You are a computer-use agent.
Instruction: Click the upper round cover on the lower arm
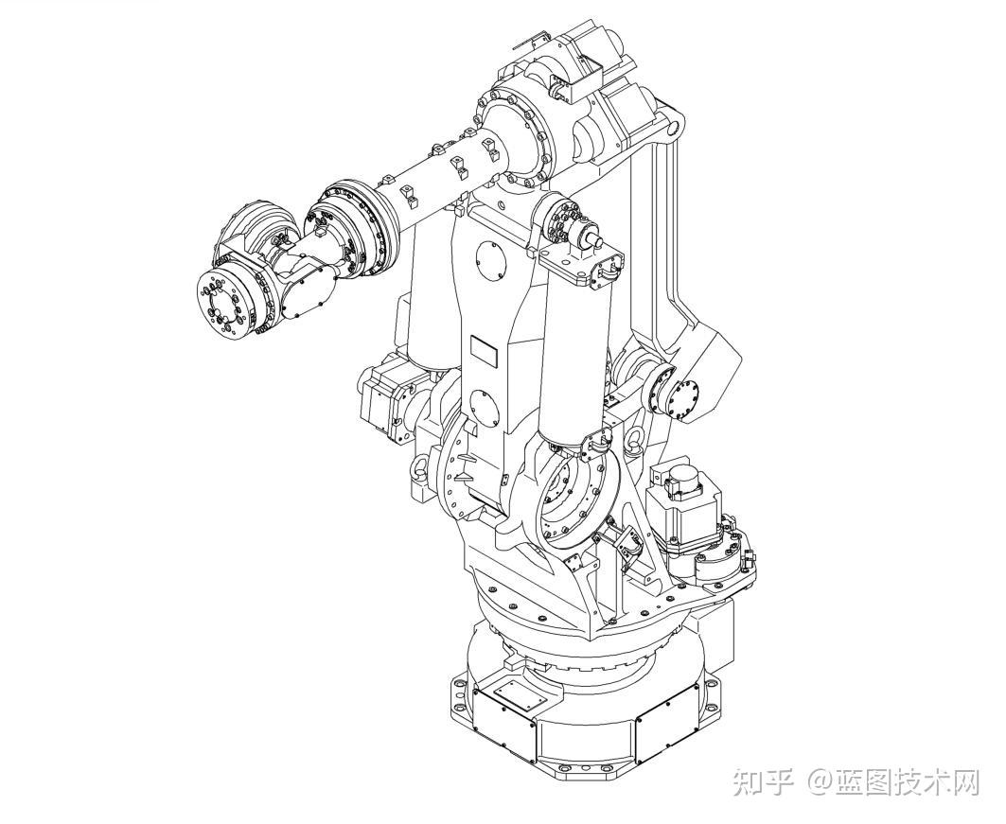click(x=491, y=262)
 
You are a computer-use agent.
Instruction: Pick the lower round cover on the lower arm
click(x=485, y=407)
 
